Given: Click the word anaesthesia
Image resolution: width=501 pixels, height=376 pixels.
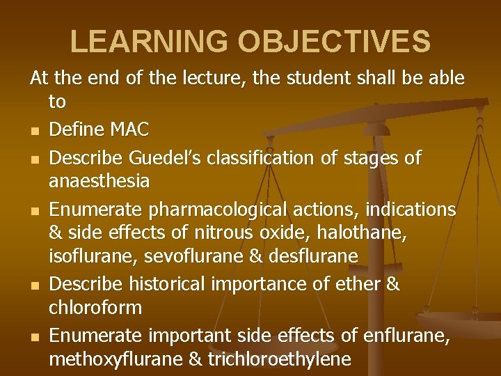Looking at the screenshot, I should click(x=100, y=181).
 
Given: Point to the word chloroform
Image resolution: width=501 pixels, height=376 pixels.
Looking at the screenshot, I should click(x=95, y=307).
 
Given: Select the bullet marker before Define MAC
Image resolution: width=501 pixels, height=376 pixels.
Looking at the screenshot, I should click(x=34, y=130).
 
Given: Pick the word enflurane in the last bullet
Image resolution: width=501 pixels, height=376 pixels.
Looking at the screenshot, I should click(x=411, y=336).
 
